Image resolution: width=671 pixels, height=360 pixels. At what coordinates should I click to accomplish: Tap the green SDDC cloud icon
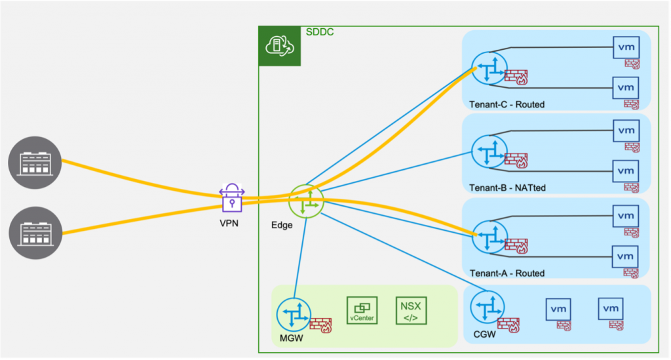click(279, 46)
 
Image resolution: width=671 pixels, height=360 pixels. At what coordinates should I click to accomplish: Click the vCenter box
click(362, 310)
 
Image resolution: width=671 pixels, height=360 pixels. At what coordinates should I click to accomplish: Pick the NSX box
click(411, 310)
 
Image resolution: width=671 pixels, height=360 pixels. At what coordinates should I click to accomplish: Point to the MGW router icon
click(293, 315)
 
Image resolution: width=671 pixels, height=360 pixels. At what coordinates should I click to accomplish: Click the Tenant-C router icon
click(489, 69)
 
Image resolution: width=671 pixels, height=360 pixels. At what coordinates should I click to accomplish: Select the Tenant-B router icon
click(489, 153)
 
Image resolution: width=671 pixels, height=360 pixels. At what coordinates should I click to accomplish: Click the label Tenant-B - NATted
click(507, 188)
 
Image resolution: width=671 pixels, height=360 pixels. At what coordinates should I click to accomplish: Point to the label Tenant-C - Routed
click(507, 104)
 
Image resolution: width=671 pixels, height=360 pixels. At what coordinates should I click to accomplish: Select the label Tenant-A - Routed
click(507, 273)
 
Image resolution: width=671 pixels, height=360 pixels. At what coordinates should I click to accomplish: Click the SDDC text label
click(320, 31)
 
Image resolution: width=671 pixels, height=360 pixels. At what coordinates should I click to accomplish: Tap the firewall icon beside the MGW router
click(320, 325)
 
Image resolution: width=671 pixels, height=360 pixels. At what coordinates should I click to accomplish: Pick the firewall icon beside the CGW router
click(508, 323)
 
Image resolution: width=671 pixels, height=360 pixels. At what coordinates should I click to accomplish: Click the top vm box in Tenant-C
click(626, 47)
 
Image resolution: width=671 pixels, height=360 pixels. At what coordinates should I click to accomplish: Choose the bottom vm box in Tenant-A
click(626, 255)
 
